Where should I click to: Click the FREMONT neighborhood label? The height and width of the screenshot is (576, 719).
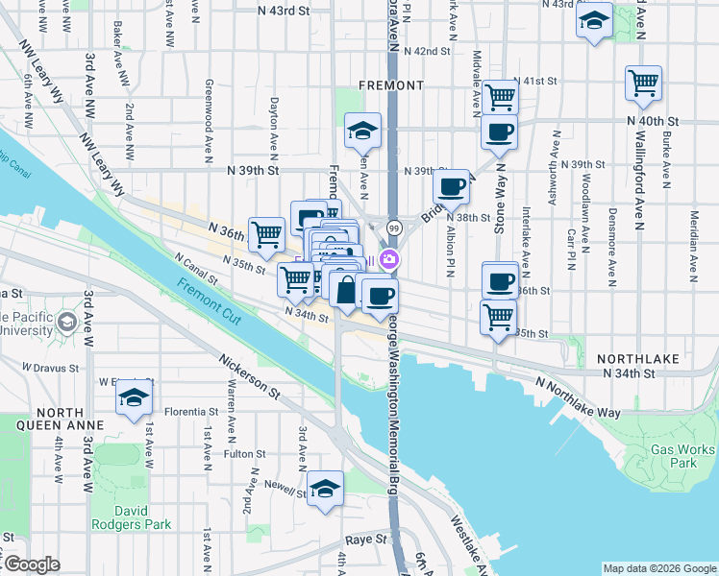click(x=390, y=85)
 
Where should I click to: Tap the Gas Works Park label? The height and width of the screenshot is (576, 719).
click(x=682, y=456)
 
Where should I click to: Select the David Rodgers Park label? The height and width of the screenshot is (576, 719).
click(x=131, y=517)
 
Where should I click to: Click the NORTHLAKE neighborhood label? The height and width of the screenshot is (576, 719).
click(x=638, y=359)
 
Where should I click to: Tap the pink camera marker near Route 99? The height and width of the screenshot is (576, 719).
click(x=389, y=258)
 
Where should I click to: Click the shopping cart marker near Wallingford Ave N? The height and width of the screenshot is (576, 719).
click(x=643, y=83)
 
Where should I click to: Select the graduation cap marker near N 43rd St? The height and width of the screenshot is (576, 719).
click(x=595, y=19)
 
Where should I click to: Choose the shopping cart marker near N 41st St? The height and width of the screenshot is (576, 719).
click(x=501, y=96)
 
